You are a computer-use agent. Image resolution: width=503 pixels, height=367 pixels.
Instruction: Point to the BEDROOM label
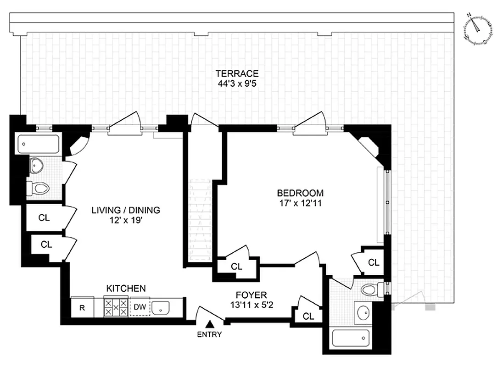pyautogui.click(x=300, y=193)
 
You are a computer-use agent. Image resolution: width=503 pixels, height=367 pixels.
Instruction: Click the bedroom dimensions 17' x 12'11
pyautogui.click(x=300, y=203)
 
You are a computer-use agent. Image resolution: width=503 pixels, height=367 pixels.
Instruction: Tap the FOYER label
pyautogui.click(x=251, y=295)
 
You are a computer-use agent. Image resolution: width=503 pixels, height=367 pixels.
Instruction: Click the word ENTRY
pyautogui.click(x=209, y=334)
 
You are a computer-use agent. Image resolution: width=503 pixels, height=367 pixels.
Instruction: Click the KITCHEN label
pyautogui.click(x=126, y=289)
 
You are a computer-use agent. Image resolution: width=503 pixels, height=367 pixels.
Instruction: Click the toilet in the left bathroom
pyautogui.click(x=39, y=188)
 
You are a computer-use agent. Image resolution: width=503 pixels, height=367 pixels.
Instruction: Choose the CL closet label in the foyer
pyautogui.click(x=308, y=316)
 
